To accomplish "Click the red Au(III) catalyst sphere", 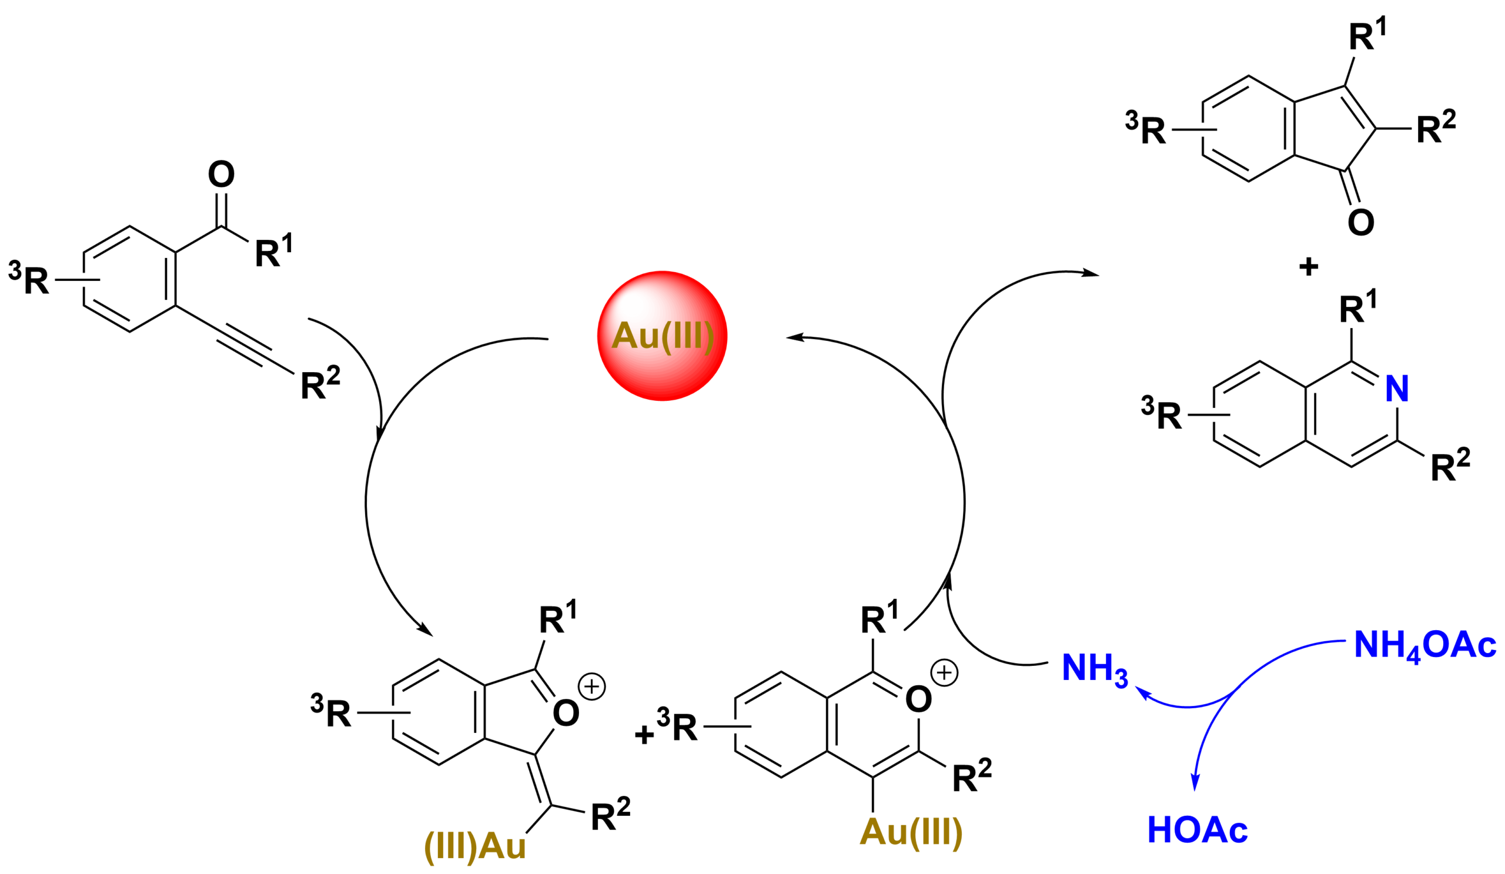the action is (663, 336).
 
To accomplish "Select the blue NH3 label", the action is (1095, 670).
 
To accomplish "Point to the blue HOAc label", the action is (1198, 829).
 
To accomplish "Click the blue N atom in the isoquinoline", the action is (1397, 389).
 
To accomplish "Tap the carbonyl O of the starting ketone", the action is (221, 175).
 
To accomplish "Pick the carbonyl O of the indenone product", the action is (1361, 223).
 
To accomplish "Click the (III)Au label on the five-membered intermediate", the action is (475, 846).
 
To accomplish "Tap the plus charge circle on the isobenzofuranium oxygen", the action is (592, 686).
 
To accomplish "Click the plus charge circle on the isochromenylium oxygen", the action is (944, 673).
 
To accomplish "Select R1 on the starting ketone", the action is (273, 251).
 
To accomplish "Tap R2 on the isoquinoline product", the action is (1450, 465).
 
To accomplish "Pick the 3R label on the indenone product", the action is (1145, 128).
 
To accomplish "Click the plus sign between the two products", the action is (1309, 266).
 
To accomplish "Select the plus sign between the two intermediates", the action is (644, 734).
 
